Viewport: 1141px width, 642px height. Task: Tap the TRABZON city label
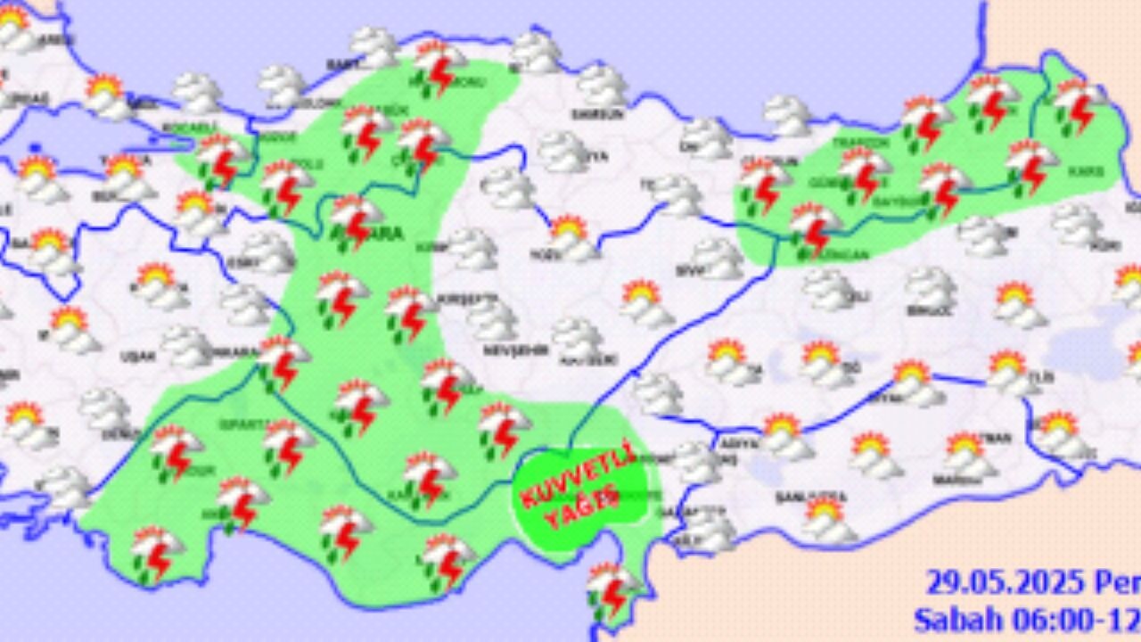click(x=849, y=143)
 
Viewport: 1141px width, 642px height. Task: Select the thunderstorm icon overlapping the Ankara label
click(x=355, y=219)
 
